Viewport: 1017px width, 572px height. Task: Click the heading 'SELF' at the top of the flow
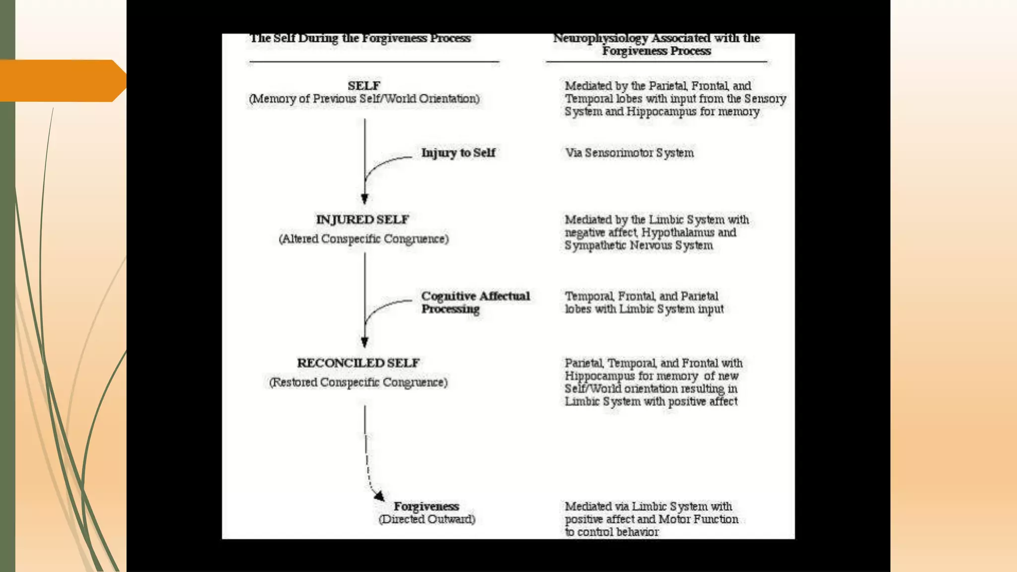(364, 85)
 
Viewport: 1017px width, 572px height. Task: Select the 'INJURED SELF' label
(363, 219)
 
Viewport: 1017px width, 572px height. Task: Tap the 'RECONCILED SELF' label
(359, 362)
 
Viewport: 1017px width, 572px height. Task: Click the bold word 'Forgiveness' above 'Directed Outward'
(426, 506)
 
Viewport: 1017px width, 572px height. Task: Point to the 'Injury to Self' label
(458, 152)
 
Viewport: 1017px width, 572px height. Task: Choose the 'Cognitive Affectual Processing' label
(475, 302)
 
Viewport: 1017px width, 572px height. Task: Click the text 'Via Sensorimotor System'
(629, 152)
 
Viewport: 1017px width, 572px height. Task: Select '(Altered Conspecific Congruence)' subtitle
(363, 239)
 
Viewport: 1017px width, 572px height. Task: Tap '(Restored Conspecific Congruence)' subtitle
(358, 382)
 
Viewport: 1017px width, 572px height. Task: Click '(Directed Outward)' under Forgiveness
(427, 519)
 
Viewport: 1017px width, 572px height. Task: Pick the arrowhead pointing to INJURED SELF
(364, 199)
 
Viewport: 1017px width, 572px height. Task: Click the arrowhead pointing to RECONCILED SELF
(364, 342)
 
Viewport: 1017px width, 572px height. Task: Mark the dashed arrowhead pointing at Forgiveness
(379, 496)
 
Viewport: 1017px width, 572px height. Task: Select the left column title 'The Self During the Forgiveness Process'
(360, 38)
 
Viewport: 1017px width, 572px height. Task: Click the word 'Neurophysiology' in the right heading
(600, 38)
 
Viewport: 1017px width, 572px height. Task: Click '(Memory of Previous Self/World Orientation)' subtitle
(364, 99)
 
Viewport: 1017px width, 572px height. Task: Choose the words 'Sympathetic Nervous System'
(639, 245)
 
